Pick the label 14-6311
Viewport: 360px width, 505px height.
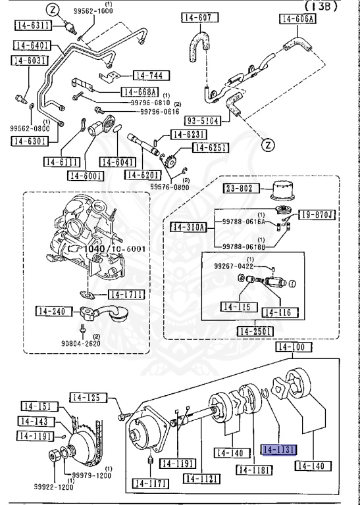point(32,26)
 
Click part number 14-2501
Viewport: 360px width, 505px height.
point(256,331)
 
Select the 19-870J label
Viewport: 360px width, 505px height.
point(317,214)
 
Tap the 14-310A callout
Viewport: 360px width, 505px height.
point(189,228)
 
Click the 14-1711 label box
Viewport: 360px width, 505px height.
point(126,294)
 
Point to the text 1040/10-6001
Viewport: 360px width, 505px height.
point(114,249)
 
